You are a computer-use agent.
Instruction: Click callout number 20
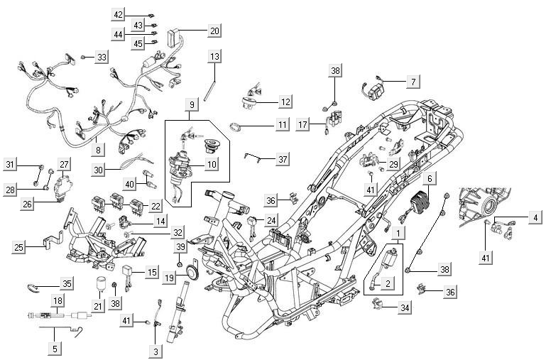(x=214, y=31)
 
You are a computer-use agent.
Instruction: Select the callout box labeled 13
(x=214, y=55)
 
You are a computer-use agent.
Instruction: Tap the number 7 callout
(x=432, y=82)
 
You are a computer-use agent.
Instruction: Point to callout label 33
(x=102, y=57)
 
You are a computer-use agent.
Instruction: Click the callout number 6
(x=432, y=178)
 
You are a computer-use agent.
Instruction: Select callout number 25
(x=19, y=248)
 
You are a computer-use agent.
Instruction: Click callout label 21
(x=97, y=306)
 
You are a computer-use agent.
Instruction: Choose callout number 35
(x=67, y=283)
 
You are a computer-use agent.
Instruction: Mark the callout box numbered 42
(x=119, y=14)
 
